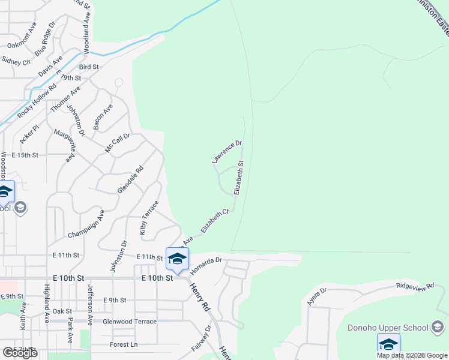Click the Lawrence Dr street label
click(226, 152)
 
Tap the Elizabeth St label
click(240, 178)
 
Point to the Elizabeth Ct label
click(215, 221)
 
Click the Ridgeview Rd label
click(414, 289)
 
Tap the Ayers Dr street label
click(316, 296)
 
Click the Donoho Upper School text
click(388, 328)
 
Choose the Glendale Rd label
click(130, 179)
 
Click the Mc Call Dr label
click(118, 143)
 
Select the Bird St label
click(88, 67)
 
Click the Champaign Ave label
click(86, 224)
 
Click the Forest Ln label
click(124, 344)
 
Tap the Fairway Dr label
click(201, 338)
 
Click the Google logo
click(20, 353)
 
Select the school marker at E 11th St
click(177, 259)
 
